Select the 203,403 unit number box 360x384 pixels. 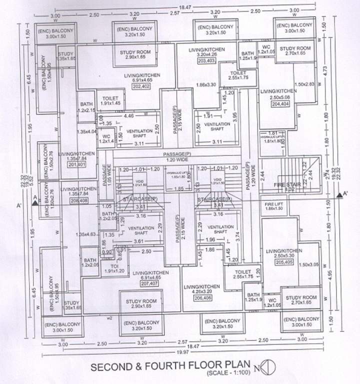[x=207, y=61]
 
